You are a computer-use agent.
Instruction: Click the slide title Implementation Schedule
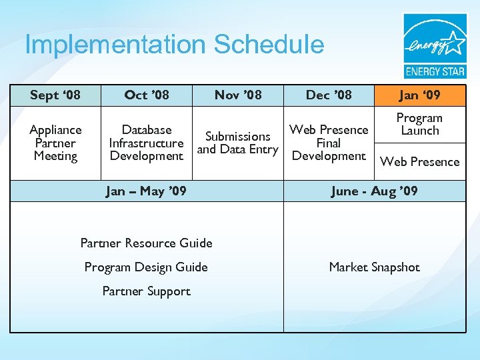174,45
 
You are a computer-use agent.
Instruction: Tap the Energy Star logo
435,46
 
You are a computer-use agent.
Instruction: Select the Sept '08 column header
55,95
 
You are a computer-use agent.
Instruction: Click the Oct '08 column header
147,95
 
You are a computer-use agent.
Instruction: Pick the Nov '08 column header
238,95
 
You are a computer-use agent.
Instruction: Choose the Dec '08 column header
329,95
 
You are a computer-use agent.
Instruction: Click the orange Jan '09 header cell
419,95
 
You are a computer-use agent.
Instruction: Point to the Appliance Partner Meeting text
55,143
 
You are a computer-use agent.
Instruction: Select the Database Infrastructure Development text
147,143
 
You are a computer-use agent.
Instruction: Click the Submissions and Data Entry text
238,143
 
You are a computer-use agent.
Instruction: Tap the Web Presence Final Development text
329,143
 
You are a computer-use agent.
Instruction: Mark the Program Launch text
419,124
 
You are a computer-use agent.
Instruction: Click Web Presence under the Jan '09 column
419,161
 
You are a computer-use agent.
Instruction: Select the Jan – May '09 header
147,191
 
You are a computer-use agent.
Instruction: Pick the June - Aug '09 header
374,191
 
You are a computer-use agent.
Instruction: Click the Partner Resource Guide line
147,243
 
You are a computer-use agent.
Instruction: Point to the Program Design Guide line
147,267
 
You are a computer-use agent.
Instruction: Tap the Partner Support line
147,291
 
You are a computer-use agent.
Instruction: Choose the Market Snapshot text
374,267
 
